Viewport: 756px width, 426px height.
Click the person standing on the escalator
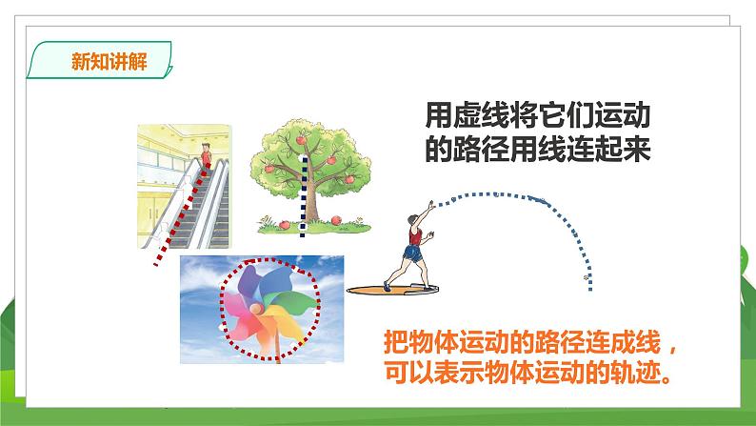point(204,150)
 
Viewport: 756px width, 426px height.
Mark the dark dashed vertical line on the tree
point(304,191)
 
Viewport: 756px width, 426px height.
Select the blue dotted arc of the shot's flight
point(533,197)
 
